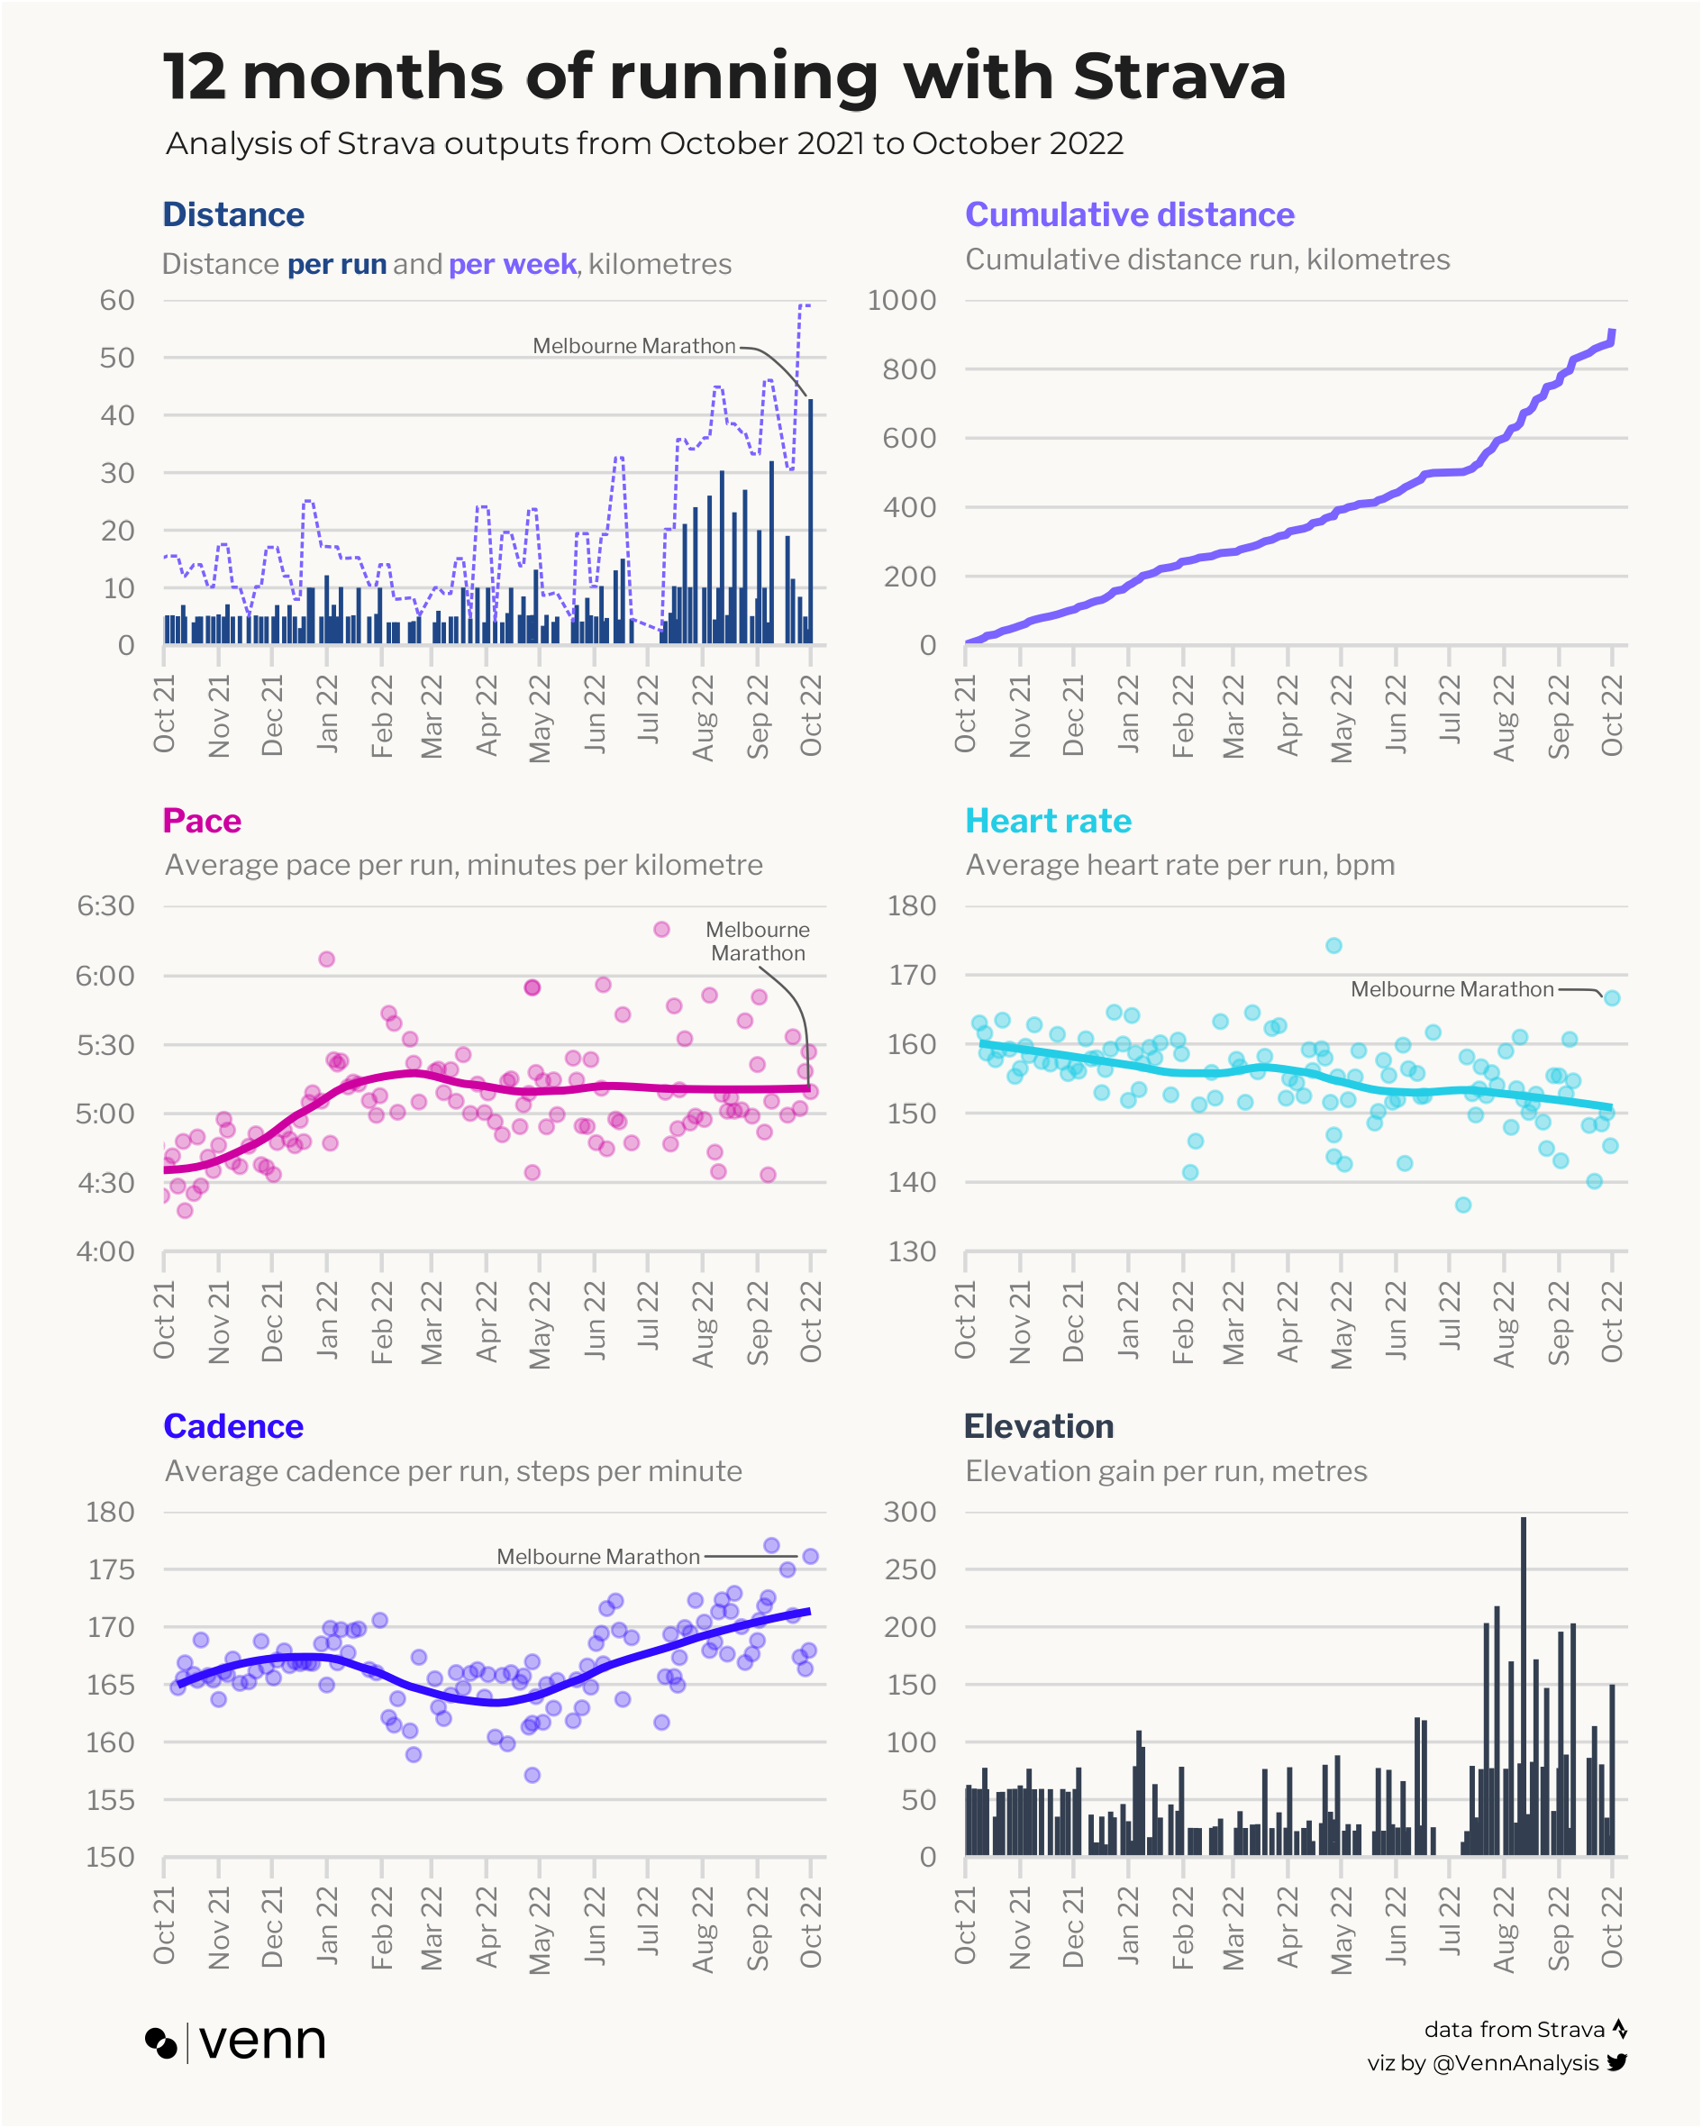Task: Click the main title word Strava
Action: point(1179,76)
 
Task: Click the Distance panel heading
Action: point(233,214)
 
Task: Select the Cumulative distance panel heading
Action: point(1128,214)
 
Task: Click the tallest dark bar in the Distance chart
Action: point(811,521)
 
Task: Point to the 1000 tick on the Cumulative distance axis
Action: point(900,300)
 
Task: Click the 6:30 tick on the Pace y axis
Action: point(105,906)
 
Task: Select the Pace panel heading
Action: point(202,820)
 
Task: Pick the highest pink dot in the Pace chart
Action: point(661,929)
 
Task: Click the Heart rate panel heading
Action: point(1048,820)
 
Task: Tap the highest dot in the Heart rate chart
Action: point(1333,946)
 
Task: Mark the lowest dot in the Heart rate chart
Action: point(1463,1205)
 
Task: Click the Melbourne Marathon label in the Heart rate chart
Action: point(1452,989)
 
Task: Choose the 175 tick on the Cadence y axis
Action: point(111,1569)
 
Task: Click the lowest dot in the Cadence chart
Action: point(532,1775)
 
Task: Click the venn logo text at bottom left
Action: point(261,2042)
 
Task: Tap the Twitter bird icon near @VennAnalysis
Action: point(1617,2062)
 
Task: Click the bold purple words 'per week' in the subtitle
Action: point(512,265)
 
